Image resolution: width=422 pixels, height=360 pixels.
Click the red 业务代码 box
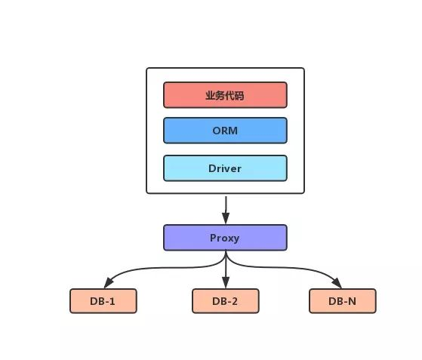[225, 95]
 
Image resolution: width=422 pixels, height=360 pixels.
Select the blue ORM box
[225, 130]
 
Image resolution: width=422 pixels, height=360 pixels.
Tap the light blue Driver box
[225, 168]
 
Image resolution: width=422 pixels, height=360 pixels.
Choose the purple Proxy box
[225, 238]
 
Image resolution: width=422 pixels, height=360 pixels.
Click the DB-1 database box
[103, 301]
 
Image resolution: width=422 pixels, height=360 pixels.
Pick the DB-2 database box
[225, 301]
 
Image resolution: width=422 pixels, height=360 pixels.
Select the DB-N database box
[342, 301]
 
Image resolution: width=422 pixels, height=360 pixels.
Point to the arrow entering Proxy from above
[225, 208]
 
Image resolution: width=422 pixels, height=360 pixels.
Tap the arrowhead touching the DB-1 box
[106, 285]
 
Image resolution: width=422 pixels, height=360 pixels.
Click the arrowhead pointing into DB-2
[225, 284]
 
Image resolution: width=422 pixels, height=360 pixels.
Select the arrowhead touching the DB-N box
[337, 285]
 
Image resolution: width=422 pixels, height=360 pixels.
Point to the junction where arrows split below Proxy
[226, 260]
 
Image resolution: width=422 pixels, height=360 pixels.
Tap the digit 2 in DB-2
[235, 301]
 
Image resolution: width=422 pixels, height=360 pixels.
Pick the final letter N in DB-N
[353, 301]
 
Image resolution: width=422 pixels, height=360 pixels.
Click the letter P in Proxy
[213, 238]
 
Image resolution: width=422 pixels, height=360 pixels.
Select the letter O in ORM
[216, 130]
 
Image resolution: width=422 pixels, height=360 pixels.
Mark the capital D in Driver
[212, 168]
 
